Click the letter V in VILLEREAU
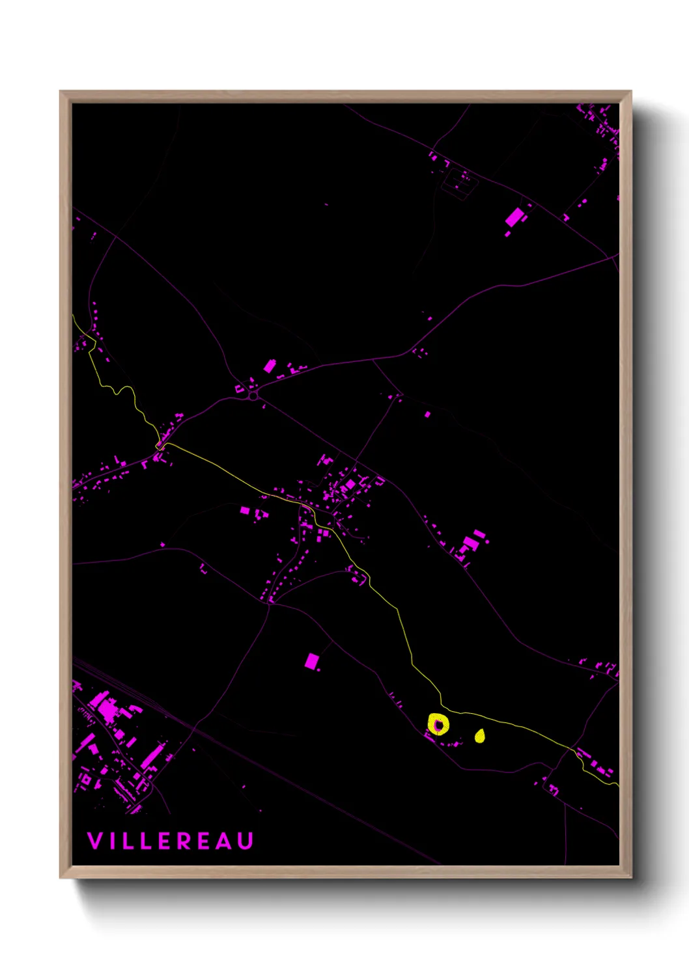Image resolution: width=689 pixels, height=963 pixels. coord(95,841)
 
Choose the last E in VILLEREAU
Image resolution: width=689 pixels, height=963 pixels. coord(206,841)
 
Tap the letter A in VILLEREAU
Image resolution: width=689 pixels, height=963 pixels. coord(225,841)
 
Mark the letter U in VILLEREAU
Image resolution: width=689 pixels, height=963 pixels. coord(246,841)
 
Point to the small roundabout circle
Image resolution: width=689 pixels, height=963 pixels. coord(253,395)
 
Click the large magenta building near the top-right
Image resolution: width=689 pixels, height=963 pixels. coord(515,216)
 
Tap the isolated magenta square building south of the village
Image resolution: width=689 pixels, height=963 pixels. coord(312,662)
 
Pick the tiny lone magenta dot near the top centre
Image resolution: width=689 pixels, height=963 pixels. coord(326,204)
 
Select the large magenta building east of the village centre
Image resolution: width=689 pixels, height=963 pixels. coord(470,543)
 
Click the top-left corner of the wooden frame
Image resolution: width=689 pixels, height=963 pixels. coord(61,92)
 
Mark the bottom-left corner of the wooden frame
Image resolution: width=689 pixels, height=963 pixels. coord(61,876)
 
